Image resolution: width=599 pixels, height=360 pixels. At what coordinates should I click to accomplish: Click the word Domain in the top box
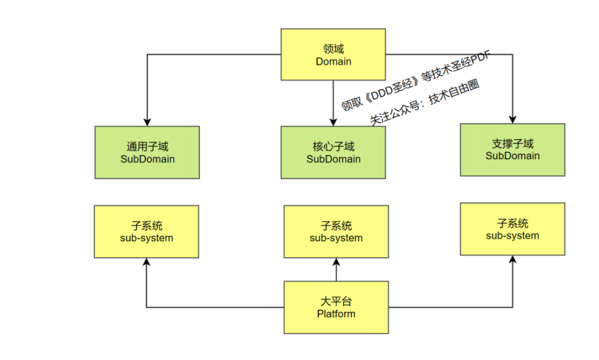(x=333, y=62)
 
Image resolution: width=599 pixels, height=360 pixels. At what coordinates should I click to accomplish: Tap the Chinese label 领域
(x=333, y=49)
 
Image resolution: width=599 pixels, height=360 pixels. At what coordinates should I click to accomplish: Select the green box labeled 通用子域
(x=147, y=153)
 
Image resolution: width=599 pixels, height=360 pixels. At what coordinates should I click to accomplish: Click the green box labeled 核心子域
(x=333, y=153)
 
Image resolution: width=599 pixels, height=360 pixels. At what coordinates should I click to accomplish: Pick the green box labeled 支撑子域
(x=512, y=150)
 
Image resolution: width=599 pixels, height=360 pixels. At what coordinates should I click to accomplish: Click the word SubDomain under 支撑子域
(x=512, y=156)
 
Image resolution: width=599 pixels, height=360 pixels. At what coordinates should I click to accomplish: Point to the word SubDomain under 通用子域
(x=148, y=159)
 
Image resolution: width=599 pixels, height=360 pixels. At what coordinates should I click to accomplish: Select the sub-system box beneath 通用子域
(x=147, y=231)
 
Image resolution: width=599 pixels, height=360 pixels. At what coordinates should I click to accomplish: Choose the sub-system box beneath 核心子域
(x=336, y=232)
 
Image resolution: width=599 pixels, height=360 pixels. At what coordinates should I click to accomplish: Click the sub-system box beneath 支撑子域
(x=512, y=229)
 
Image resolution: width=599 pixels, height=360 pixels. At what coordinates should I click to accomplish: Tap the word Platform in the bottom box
(x=336, y=314)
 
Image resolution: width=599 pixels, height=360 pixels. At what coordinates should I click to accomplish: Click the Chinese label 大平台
(x=336, y=302)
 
